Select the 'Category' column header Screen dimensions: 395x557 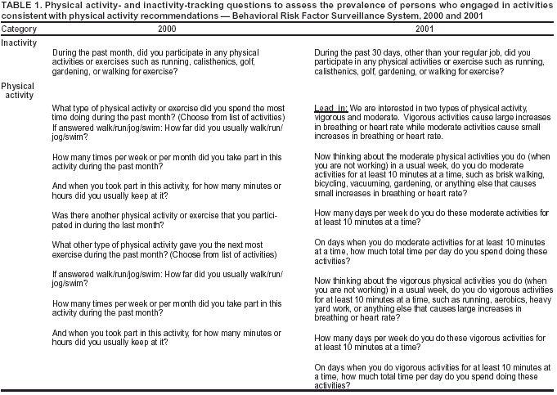19,29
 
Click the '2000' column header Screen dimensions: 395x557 166,29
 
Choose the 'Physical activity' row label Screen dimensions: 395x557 18,90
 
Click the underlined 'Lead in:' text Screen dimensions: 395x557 331,108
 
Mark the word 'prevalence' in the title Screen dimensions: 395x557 370,6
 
